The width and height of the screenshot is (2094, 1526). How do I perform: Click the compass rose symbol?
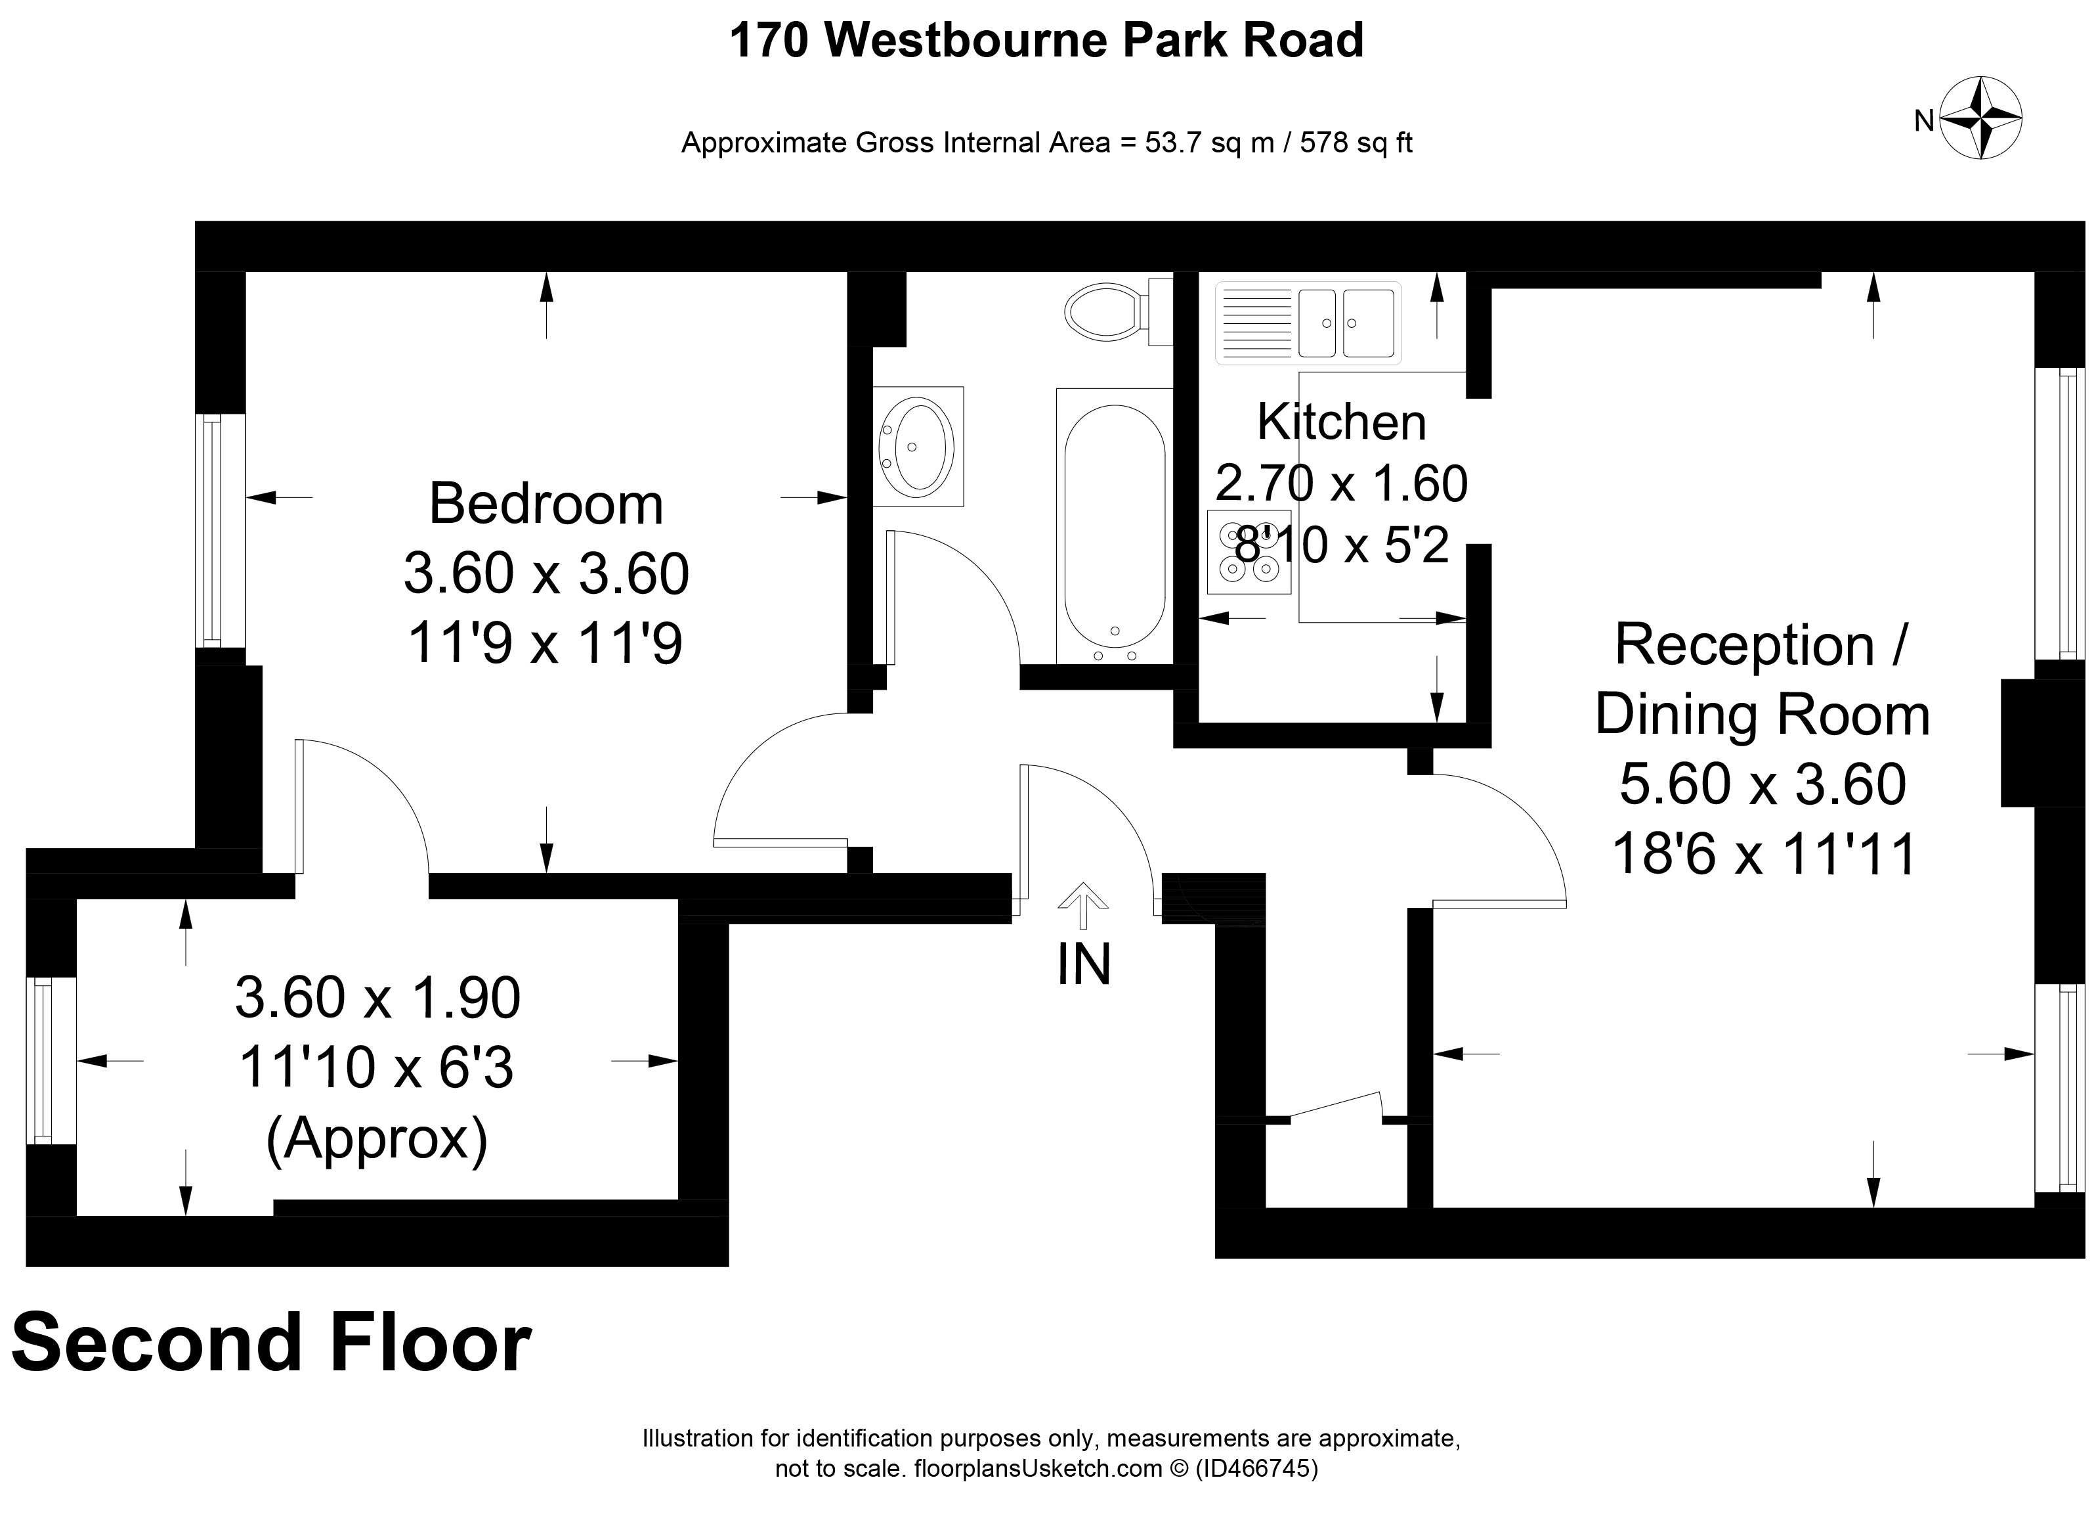1981,119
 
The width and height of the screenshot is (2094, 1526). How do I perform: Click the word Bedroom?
545,505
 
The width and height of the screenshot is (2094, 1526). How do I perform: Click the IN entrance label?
1083,964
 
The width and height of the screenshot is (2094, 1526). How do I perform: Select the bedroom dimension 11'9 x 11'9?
545,643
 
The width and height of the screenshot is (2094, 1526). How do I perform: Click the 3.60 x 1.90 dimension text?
377,998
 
